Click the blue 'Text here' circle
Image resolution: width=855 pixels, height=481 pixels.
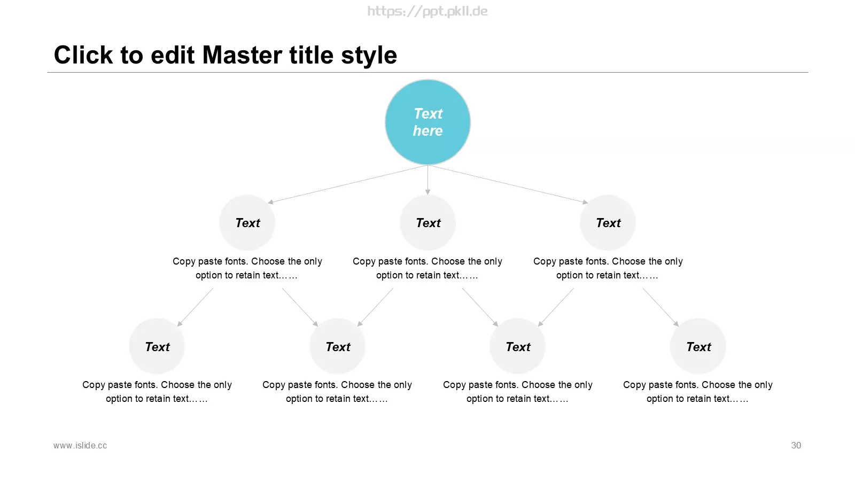[x=428, y=122]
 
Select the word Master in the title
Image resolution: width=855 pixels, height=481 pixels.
[x=243, y=55]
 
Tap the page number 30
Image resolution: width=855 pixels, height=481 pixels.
[x=796, y=445]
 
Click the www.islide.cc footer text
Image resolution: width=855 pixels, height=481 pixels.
[x=80, y=446]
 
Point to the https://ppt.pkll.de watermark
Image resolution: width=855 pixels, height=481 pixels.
[x=428, y=11]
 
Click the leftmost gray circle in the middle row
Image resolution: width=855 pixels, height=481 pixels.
[x=247, y=222]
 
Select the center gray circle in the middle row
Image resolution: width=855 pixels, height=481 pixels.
[x=428, y=222]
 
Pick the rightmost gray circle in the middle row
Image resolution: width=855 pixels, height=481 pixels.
[x=608, y=222]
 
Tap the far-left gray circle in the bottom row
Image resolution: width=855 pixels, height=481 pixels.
[x=157, y=346]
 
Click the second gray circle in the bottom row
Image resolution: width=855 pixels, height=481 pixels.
[x=337, y=346]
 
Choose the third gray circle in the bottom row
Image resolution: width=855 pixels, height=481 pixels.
[x=518, y=346]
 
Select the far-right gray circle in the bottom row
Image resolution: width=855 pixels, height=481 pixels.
[x=698, y=346]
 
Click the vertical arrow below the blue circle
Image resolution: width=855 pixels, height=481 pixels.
[x=428, y=180]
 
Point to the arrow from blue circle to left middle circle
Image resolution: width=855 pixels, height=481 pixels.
[x=348, y=184]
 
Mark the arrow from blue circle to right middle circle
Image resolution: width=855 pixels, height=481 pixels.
[x=508, y=184]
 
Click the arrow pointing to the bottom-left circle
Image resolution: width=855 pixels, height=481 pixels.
[x=196, y=307]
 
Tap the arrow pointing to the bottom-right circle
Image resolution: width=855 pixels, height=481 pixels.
[x=660, y=307]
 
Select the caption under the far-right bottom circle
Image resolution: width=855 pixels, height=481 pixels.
[x=698, y=392]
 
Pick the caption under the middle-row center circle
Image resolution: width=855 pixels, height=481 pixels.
[x=428, y=268]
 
